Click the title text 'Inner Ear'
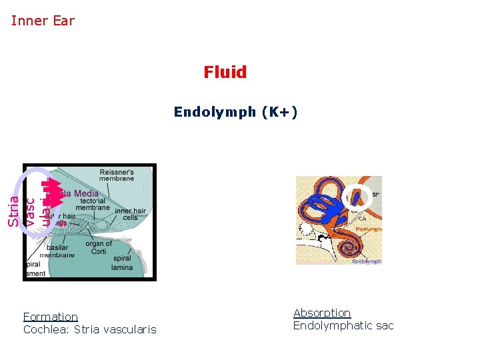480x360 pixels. [x=43, y=21]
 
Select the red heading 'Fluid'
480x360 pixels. [x=225, y=72]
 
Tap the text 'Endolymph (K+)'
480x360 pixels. [x=235, y=112]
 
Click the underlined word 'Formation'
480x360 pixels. [x=50, y=317]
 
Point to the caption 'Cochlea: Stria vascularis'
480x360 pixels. [x=89, y=329]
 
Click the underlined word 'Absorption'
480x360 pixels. [x=322, y=313]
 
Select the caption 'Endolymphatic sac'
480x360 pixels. [x=343, y=325]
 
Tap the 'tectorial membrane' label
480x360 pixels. [x=93, y=204]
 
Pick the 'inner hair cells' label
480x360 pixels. [x=129, y=215]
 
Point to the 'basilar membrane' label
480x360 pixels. [x=57, y=251]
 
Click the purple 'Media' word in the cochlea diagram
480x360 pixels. [x=85, y=193]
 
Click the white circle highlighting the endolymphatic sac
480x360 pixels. [x=361, y=195]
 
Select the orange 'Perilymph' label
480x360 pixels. [x=368, y=228]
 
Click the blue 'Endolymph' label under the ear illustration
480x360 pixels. [x=367, y=262]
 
